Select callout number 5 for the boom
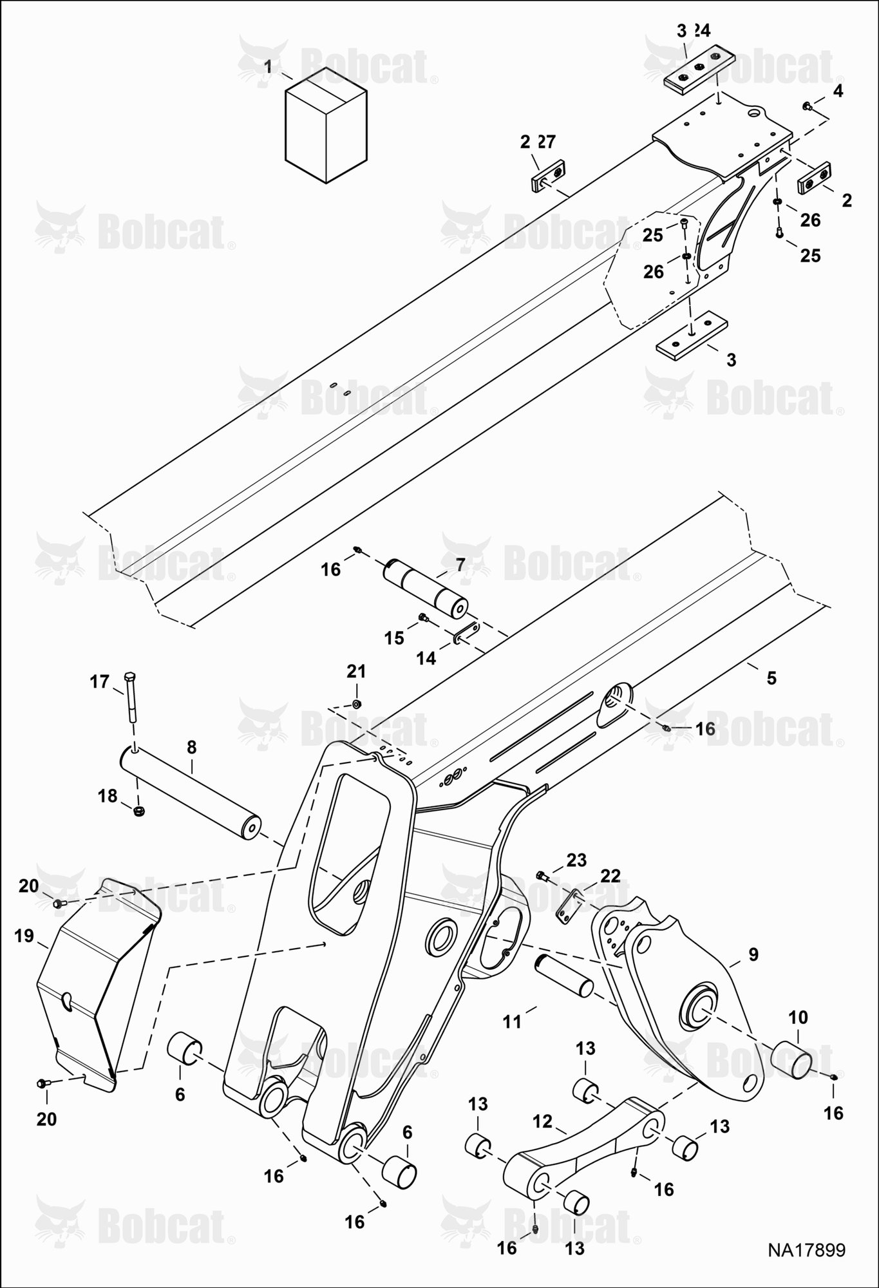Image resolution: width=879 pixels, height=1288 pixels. click(771, 678)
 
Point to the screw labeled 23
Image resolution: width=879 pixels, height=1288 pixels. click(542, 875)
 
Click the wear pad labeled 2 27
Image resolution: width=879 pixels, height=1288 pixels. click(547, 174)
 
